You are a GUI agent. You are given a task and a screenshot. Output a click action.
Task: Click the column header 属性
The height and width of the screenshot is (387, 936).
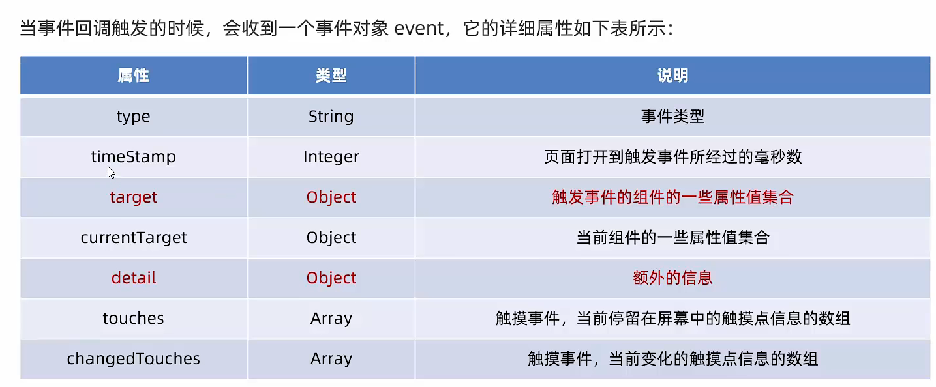(133, 76)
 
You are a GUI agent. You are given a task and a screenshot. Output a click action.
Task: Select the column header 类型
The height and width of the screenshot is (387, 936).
(331, 76)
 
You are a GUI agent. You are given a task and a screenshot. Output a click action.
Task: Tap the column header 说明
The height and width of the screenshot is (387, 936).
(672, 76)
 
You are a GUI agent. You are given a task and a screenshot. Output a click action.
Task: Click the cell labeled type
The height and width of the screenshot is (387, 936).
(133, 117)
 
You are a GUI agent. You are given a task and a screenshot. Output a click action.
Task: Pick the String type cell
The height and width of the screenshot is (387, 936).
(331, 117)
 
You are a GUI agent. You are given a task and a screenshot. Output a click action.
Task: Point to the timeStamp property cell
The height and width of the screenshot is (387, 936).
(133, 156)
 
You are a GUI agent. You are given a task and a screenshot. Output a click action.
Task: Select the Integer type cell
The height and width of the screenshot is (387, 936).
(331, 157)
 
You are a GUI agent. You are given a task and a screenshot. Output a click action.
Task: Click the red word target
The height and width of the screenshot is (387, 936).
(133, 197)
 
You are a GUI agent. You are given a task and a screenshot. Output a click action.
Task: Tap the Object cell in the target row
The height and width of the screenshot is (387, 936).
(331, 197)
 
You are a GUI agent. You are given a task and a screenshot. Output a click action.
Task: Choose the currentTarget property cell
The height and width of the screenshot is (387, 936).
(133, 238)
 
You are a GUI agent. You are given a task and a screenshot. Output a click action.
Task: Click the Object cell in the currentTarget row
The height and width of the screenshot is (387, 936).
(331, 238)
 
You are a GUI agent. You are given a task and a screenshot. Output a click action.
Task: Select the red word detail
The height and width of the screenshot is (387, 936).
(133, 278)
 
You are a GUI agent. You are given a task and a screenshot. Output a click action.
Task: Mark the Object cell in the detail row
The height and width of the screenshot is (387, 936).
(331, 278)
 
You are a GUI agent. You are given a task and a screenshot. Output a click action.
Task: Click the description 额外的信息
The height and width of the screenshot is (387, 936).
(672, 278)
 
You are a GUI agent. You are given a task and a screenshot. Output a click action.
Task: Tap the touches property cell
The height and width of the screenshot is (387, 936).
(133, 318)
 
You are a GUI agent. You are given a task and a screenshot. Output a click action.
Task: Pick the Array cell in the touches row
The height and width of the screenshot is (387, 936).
(331, 319)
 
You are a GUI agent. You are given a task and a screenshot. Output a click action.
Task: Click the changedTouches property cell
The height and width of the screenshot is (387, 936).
(133, 358)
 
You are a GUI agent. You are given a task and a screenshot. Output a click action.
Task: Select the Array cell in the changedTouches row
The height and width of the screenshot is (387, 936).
(331, 359)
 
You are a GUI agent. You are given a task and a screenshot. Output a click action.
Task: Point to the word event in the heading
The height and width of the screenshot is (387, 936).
(419, 29)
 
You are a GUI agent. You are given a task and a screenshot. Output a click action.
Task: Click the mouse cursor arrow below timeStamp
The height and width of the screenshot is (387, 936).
(111, 173)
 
